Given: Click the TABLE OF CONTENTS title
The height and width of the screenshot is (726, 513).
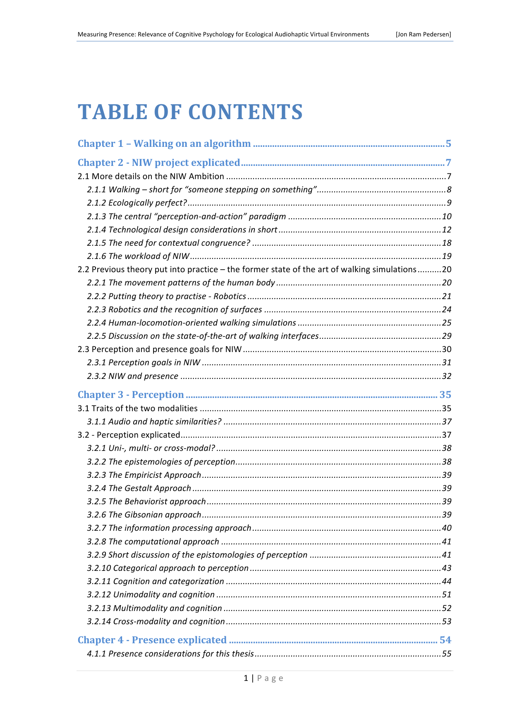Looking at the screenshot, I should [x=190, y=112].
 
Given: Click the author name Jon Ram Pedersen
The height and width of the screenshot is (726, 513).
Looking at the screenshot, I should [x=423, y=34].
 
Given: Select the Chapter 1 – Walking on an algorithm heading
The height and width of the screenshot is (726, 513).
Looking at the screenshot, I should [x=164, y=144].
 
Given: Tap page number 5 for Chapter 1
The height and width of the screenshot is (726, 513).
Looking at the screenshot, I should [x=448, y=144].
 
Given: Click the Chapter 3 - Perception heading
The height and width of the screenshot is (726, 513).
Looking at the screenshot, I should [x=131, y=395].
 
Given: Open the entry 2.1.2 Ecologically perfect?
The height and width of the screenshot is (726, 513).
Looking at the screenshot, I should [x=137, y=203].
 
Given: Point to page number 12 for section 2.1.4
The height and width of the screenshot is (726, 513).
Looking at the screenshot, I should [x=446, y=230].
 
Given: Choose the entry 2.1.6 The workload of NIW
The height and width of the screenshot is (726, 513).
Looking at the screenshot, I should [x=138, y=256].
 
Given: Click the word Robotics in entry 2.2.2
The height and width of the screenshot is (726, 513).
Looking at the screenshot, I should [x=230, y=296].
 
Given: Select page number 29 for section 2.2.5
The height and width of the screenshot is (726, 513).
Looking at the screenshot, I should [x=446, y=336].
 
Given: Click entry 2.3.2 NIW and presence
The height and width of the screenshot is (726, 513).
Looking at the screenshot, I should [x=132, y=376].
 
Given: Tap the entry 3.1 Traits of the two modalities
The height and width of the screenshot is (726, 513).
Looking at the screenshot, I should [x=137, y=408].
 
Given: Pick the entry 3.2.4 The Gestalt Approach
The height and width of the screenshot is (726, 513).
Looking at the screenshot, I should [x=139, y=488].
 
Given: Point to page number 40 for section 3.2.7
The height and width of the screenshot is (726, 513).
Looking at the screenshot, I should [x=446, y=528].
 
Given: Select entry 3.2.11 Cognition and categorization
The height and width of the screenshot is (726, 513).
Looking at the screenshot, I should [x=156, y=581].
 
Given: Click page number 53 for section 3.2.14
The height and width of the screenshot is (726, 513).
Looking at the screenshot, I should [x=446, y=621].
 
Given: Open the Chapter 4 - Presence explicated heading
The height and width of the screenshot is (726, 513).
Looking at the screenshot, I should [x=152, y=640].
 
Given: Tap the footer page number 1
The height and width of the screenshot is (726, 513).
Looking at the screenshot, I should [x=246, y=678].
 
